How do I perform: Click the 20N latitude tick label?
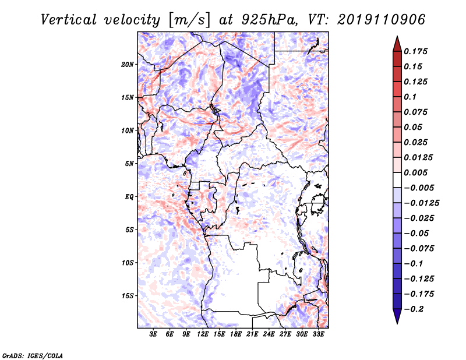pyautogui.click(x=128, y=64)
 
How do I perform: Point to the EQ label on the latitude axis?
pyautogui.click(x=129, y=197)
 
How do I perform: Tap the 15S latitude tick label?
pyautogui.click(x=128, y=296)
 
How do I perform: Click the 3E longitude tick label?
pyautogui.click(x=154, y=334)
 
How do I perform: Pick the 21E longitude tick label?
pyautogui.click(x=252, y=334)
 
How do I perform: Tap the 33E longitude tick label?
pyautogui.click(x=318, y=334)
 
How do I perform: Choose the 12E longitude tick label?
pyautogui.click(x=203, y=334)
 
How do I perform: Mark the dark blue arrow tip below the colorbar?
pyautogui.click(x=397, y=319)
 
